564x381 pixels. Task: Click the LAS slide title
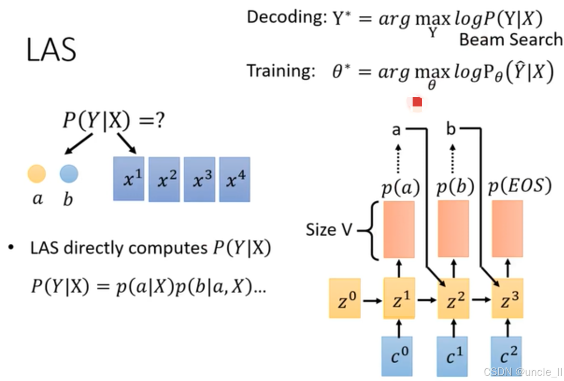[x=51, y=50]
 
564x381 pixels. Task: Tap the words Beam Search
[x=511, y=40]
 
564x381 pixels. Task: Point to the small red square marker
[x=417, y=102]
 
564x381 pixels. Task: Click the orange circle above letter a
[x=36, y=174]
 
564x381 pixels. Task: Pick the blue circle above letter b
[x=69, y=174]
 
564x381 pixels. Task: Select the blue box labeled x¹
[x=129, y=179]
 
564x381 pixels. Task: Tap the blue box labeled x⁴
[x=235, y=179]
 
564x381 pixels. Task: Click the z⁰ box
[x=345, y=298]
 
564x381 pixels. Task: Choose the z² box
[x=453, y=299]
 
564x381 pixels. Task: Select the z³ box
[x=507, y=298]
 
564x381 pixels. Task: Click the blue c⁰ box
[x=397, y=356]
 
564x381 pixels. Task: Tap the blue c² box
[x=507, y=356]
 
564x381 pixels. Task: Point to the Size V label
[x=328, y=230]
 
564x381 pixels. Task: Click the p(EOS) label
[x=520, y=187]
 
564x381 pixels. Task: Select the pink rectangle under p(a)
[x=399, y=230]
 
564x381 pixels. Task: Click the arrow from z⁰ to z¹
[x=372, y=300]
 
